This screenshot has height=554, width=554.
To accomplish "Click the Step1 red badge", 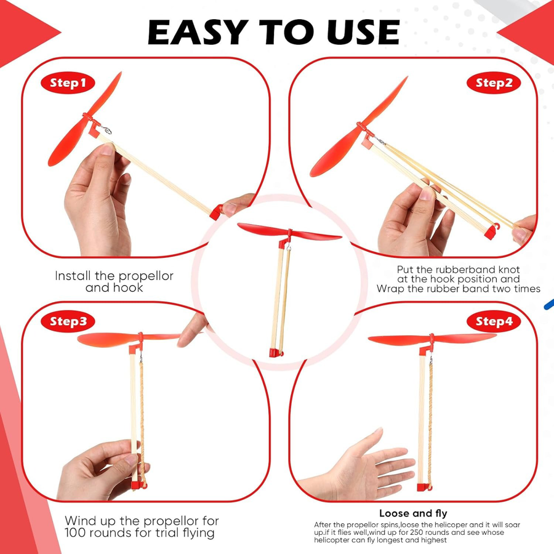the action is click(68, 83).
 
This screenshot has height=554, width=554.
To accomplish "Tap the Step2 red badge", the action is click(494, 83).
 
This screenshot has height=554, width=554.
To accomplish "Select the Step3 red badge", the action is click(68, 321).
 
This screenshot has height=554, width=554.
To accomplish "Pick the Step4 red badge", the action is click(494, 321).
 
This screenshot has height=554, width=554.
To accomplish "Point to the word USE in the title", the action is click(363, 32).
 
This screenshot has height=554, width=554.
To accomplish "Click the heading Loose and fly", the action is click(413, 513).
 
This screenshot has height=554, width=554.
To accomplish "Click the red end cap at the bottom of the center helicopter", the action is click(275, 352).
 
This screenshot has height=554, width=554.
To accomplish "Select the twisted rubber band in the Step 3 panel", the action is click(142, 420).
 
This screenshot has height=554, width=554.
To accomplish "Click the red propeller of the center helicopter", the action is click(289, 232).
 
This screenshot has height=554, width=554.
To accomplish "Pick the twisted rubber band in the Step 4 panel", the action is click(431, 424).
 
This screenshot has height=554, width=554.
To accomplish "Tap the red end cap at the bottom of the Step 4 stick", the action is click(424, 488).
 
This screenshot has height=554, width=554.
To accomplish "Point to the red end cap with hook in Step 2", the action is click(492, 231).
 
